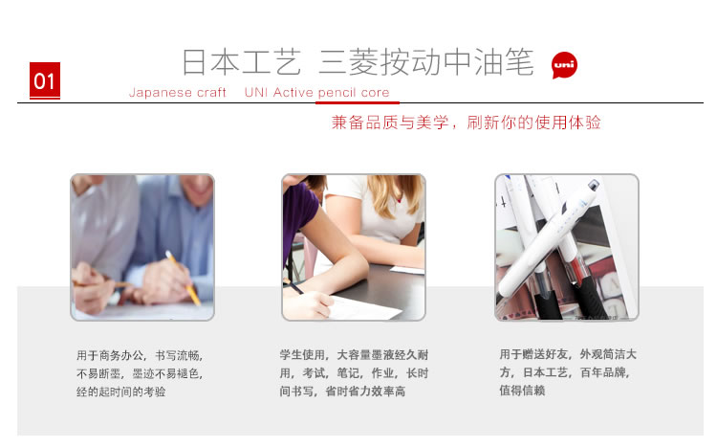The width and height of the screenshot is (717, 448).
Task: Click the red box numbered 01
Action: coord(45,80)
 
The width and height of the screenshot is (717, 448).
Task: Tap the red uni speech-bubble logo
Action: coord(564,65)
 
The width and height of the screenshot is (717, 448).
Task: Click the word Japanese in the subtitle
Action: coord(160,93)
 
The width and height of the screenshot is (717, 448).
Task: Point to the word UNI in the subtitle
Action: coord(256,93)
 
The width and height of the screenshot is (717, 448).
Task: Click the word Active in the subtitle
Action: coord(293,93)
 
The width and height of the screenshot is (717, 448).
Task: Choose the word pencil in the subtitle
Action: coord(337,93)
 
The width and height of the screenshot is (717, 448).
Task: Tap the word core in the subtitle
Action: coord(375,93)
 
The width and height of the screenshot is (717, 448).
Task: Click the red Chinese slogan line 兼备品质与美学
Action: coord(390,123)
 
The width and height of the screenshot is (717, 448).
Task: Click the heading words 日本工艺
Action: coord(242,62)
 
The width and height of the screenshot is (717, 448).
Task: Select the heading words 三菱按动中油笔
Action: coord(426,62)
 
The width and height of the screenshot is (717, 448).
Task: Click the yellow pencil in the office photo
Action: coord(183,278)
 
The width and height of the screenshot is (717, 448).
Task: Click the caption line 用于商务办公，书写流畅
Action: coord(140,355)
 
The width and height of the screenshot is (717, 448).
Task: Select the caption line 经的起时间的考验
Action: coord(121,392)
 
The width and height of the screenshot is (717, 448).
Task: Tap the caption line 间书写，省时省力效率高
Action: coord(342,392)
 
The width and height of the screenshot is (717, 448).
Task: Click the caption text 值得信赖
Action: coord(522,391)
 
